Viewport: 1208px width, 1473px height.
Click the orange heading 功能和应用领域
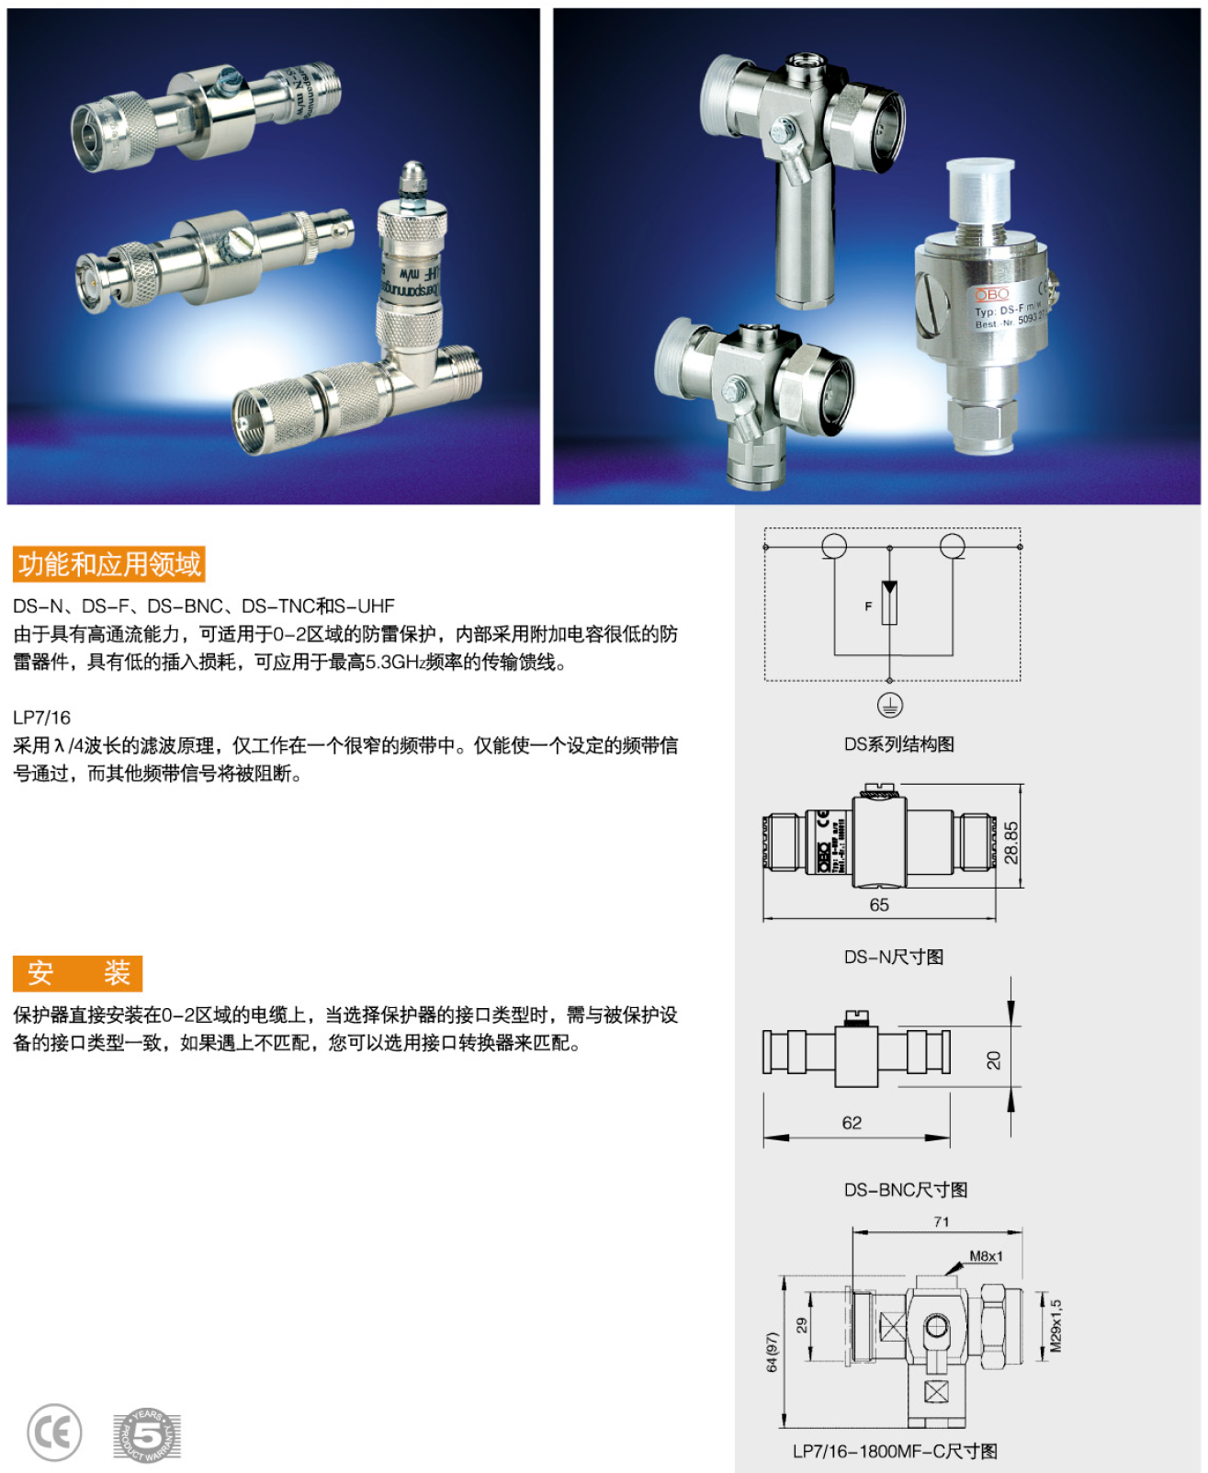pyautogui.click(x=108, y=564)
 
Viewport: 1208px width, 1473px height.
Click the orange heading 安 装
pyautogui.click(x=78, y=973)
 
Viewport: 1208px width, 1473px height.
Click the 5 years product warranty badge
pyautogui.click(x=147, y=1434)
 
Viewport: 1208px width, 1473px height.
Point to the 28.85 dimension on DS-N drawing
pyautogui.click(x=1011, y=842)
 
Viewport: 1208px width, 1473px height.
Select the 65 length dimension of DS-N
pyautogui.click(x=879, y=905)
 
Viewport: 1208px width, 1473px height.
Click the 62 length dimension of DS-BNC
pyautogui.click(x=852, y=1123)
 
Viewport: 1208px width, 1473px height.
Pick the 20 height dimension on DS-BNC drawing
pyautogui.click(x=994, y=1060)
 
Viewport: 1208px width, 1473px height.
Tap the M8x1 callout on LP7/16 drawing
pyautogui.click(x=987, y=1256)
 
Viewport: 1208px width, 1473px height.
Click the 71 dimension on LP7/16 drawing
pyautogui.click(x=942, y=1221)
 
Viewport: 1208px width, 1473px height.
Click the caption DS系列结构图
pyautogui.click(x=898, y=744)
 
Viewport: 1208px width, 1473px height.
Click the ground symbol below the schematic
pyautogui.click(x=889, y=706)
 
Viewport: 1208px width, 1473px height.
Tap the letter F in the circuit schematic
pyautogui.click(x=868, y=606)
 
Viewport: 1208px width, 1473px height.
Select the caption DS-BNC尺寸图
pyautogui.click(x=906, y=1190)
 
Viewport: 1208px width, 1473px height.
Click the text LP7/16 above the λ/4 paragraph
pyautogui.click(x=41, y=718)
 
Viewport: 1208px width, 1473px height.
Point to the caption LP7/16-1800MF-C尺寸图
pyautogui.click(x=895, y=1452)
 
